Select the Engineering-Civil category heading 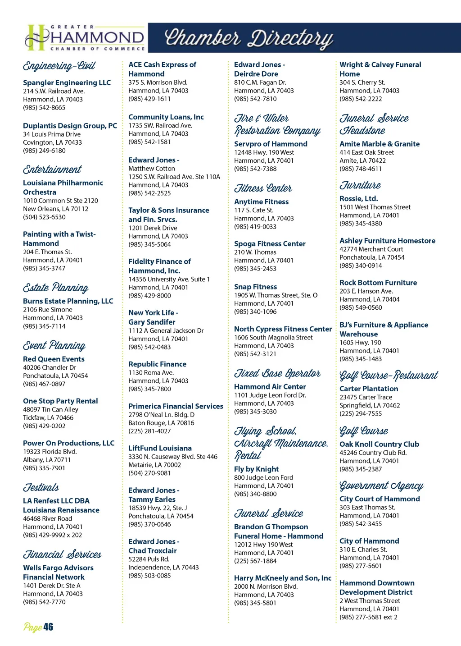[x=59, y=66]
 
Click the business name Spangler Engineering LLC [x=67, y=82]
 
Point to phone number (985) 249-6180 [x=44, y=151]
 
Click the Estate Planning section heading [x=56, y=288]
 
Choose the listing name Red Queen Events [x=54, y=359]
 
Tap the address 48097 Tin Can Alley [x=50, y=409]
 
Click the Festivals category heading [x=41, y=487]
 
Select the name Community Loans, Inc [x=166, y=117]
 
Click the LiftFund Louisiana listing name [x=160, y=448]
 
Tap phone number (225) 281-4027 [x=149, y=431]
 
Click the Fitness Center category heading [x=263, y=188]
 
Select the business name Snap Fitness [x=255, y=287]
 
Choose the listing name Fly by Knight [x=256, y=469]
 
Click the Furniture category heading [x=360, y=185]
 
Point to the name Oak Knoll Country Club [x=379, y=444]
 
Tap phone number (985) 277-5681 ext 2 [x=368, y=617]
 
